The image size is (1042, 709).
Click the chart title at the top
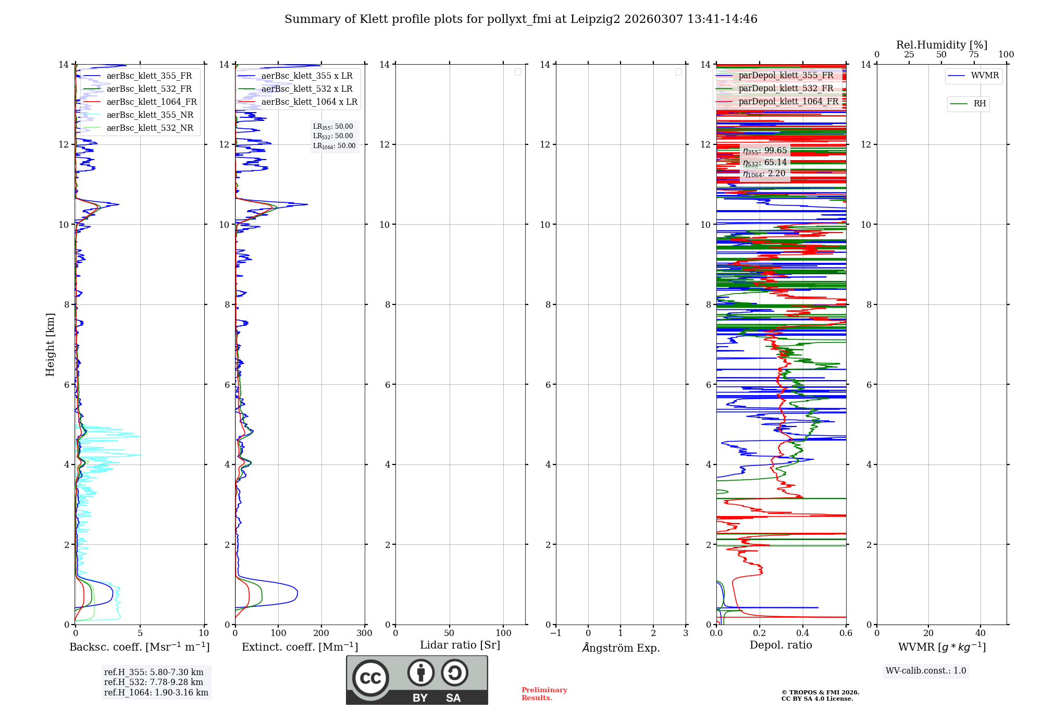[520, 19]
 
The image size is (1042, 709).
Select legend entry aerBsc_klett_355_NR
[150, 115]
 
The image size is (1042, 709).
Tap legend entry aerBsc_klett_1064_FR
[151, 102]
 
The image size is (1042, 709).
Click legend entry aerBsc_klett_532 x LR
[306, 89]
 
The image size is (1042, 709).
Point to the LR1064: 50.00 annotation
[334, 146]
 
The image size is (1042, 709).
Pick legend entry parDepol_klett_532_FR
[786, 89]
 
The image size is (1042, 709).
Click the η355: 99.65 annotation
[765, 151]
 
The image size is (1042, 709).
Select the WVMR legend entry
[985, 76]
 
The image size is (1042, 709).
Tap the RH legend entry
[979, 104]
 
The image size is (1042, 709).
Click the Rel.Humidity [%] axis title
[941, 45]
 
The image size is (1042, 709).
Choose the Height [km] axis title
[50, 345]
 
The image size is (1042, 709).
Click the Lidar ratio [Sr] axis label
[460, 645]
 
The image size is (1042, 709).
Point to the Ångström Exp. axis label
[621, 647]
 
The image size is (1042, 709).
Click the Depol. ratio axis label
[780, 645]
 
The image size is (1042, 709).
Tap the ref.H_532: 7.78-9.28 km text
[153, 682]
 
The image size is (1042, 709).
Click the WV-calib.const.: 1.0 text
[926, 670]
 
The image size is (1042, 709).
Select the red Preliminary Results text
[544, 693]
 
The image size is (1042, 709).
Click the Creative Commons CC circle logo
[370, 678]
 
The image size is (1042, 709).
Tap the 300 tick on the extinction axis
[364, 633]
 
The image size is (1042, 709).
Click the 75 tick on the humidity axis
[973, 54]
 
